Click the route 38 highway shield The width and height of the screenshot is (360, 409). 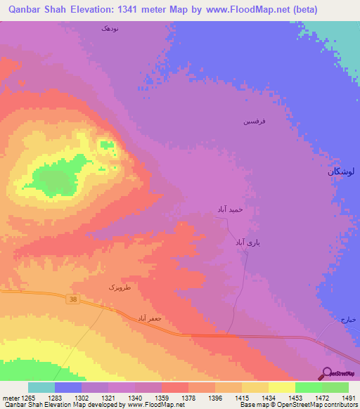[x=73, y=299]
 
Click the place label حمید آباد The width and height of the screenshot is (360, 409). [x=229, y=209]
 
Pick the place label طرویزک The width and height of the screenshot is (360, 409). [x=120, y=287]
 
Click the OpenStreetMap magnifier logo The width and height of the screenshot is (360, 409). [x=327, y=373]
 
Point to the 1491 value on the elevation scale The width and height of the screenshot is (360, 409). [x=349, y=398]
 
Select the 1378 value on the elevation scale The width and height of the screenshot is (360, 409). [x=188, y=398]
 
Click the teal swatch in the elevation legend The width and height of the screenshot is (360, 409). [x=41, y=387]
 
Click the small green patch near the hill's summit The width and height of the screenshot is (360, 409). [x=107, y=145]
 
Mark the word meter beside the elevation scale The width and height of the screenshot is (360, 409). [x=10, y=398]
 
